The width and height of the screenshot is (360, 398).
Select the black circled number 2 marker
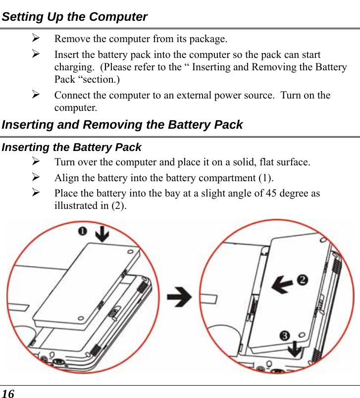click(302, 280)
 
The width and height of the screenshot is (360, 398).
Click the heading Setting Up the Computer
click(75, 17)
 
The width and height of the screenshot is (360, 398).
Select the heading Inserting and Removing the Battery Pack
click(122, 125)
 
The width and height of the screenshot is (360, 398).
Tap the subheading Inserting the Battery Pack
click(72, 148)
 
